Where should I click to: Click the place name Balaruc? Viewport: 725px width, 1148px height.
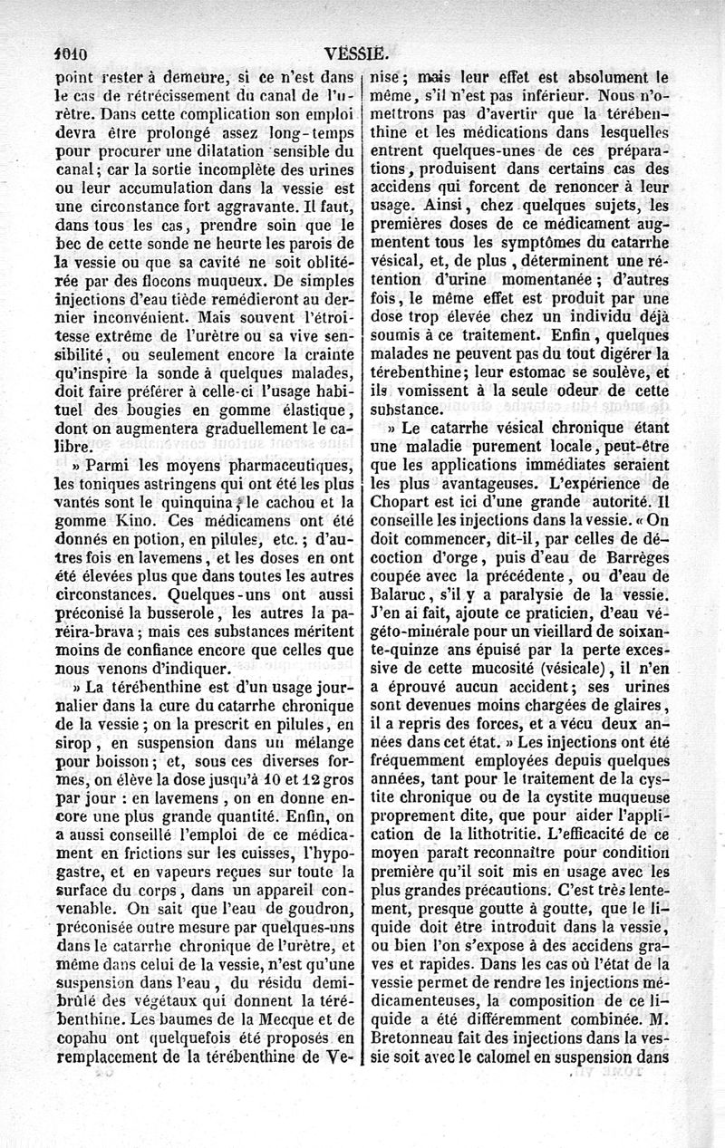click(x=402, y=601)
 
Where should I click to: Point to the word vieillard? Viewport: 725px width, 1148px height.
click(x=578, y=640)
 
